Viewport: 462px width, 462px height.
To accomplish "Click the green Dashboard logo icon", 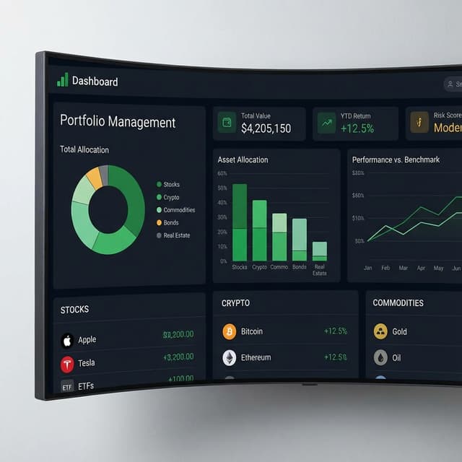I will (63, 80).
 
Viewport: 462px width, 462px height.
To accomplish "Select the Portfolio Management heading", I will (118, 122).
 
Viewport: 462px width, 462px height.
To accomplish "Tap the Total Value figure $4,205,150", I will (266, 128).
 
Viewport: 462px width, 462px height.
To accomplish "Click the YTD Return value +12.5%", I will (357, 128).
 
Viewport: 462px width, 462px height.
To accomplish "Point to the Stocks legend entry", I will (171, 185).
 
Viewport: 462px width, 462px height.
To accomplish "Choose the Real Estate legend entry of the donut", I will (176, 235).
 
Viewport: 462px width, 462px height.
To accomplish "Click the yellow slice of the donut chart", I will (94, 178).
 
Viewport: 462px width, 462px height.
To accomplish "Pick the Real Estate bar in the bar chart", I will (319, 250).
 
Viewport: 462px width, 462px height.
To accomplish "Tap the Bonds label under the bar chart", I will (300, 267).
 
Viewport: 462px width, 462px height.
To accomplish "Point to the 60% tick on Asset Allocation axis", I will (222, 173).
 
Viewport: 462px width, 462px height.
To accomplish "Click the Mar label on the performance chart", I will (404, 268).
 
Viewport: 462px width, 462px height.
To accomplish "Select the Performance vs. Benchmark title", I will (396, 160).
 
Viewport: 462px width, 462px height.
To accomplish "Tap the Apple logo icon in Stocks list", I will (67, 340).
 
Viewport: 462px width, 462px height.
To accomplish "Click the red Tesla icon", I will (67, 363).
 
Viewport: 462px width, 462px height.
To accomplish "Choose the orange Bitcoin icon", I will (230, 332).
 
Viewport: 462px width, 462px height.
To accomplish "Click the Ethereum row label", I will (256, 357).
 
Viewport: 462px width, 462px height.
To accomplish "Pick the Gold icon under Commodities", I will (380, 332).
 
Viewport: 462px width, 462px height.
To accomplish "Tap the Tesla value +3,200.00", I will (178, 357).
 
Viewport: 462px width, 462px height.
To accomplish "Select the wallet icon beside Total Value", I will (227, 123).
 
